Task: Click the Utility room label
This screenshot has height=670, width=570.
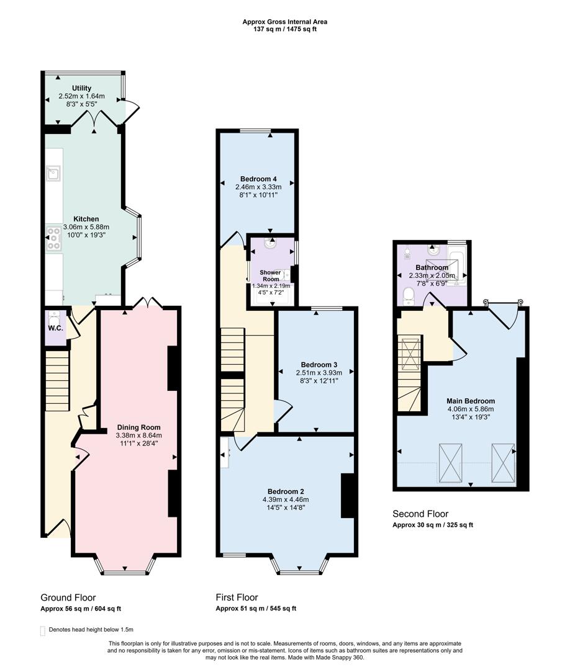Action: coord(81,89)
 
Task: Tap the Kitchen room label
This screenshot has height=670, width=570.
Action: coord(86,219)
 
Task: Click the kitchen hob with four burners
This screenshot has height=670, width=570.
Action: coord(53,239)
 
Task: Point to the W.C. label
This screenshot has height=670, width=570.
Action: coord(55,328)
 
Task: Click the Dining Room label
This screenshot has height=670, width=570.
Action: coord(139,427)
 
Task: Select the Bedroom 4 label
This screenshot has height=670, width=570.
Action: coord(258,179)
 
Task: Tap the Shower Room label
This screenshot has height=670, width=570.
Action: coord(270,276)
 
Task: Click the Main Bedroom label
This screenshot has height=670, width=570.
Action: coord(470,401)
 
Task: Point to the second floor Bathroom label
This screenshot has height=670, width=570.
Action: coord(432,267)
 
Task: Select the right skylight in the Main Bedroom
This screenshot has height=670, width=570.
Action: coord(503,462)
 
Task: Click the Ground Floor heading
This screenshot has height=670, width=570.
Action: coord(68,597)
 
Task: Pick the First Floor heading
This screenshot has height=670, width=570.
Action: coord(237,597)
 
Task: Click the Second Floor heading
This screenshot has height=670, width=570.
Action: coord(420,514)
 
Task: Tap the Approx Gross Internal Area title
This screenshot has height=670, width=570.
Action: coord(285,22)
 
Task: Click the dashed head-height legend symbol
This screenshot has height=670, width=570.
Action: coord(43,630)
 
